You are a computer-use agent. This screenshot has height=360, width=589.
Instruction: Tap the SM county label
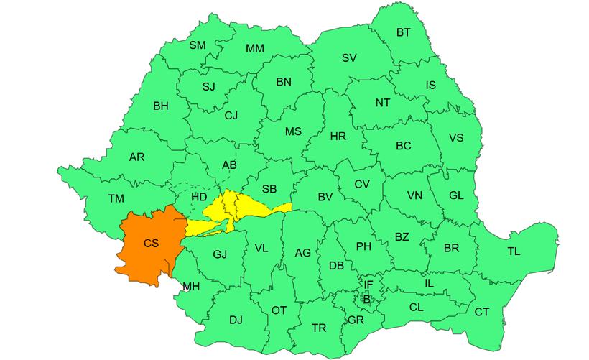point(198,45)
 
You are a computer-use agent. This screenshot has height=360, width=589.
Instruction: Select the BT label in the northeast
point(404,32)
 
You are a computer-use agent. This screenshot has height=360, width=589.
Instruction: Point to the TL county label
point(514,251)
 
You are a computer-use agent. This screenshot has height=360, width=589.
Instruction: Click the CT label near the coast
point(481,311)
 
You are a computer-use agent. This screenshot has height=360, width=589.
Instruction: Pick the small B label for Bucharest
point(366,298)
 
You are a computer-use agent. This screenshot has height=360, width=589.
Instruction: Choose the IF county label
point(368,285)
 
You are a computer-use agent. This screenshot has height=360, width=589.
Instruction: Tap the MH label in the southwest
point(190,287)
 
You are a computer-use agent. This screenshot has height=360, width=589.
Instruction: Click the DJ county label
point(236,320)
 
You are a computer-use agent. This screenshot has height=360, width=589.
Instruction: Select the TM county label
point(116,199)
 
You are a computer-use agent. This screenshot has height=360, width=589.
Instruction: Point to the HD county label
point(199,197)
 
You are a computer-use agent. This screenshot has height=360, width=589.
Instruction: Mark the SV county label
point(349,57)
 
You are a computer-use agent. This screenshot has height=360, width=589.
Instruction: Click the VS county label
point(456,138)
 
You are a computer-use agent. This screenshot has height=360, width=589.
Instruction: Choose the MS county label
point(293,131)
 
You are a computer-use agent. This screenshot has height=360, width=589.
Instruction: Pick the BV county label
point(325,197)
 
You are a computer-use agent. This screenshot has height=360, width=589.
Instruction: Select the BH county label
point(161,106)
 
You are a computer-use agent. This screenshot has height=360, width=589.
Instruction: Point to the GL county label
point(456,195)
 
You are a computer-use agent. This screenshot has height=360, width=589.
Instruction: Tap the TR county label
point(319,328)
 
